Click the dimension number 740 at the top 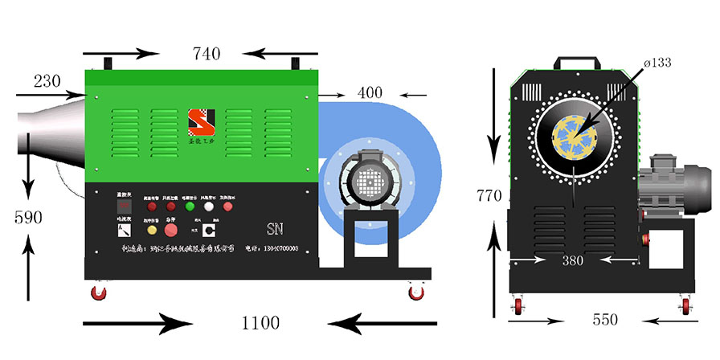[207, 55]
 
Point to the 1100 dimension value [261, 324]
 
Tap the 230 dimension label [48, 81]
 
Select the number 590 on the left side [28, 217]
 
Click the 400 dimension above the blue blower [370, 92]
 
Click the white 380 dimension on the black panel [572, 260]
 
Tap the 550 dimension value [604, 320]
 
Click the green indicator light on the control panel [190, 206]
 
